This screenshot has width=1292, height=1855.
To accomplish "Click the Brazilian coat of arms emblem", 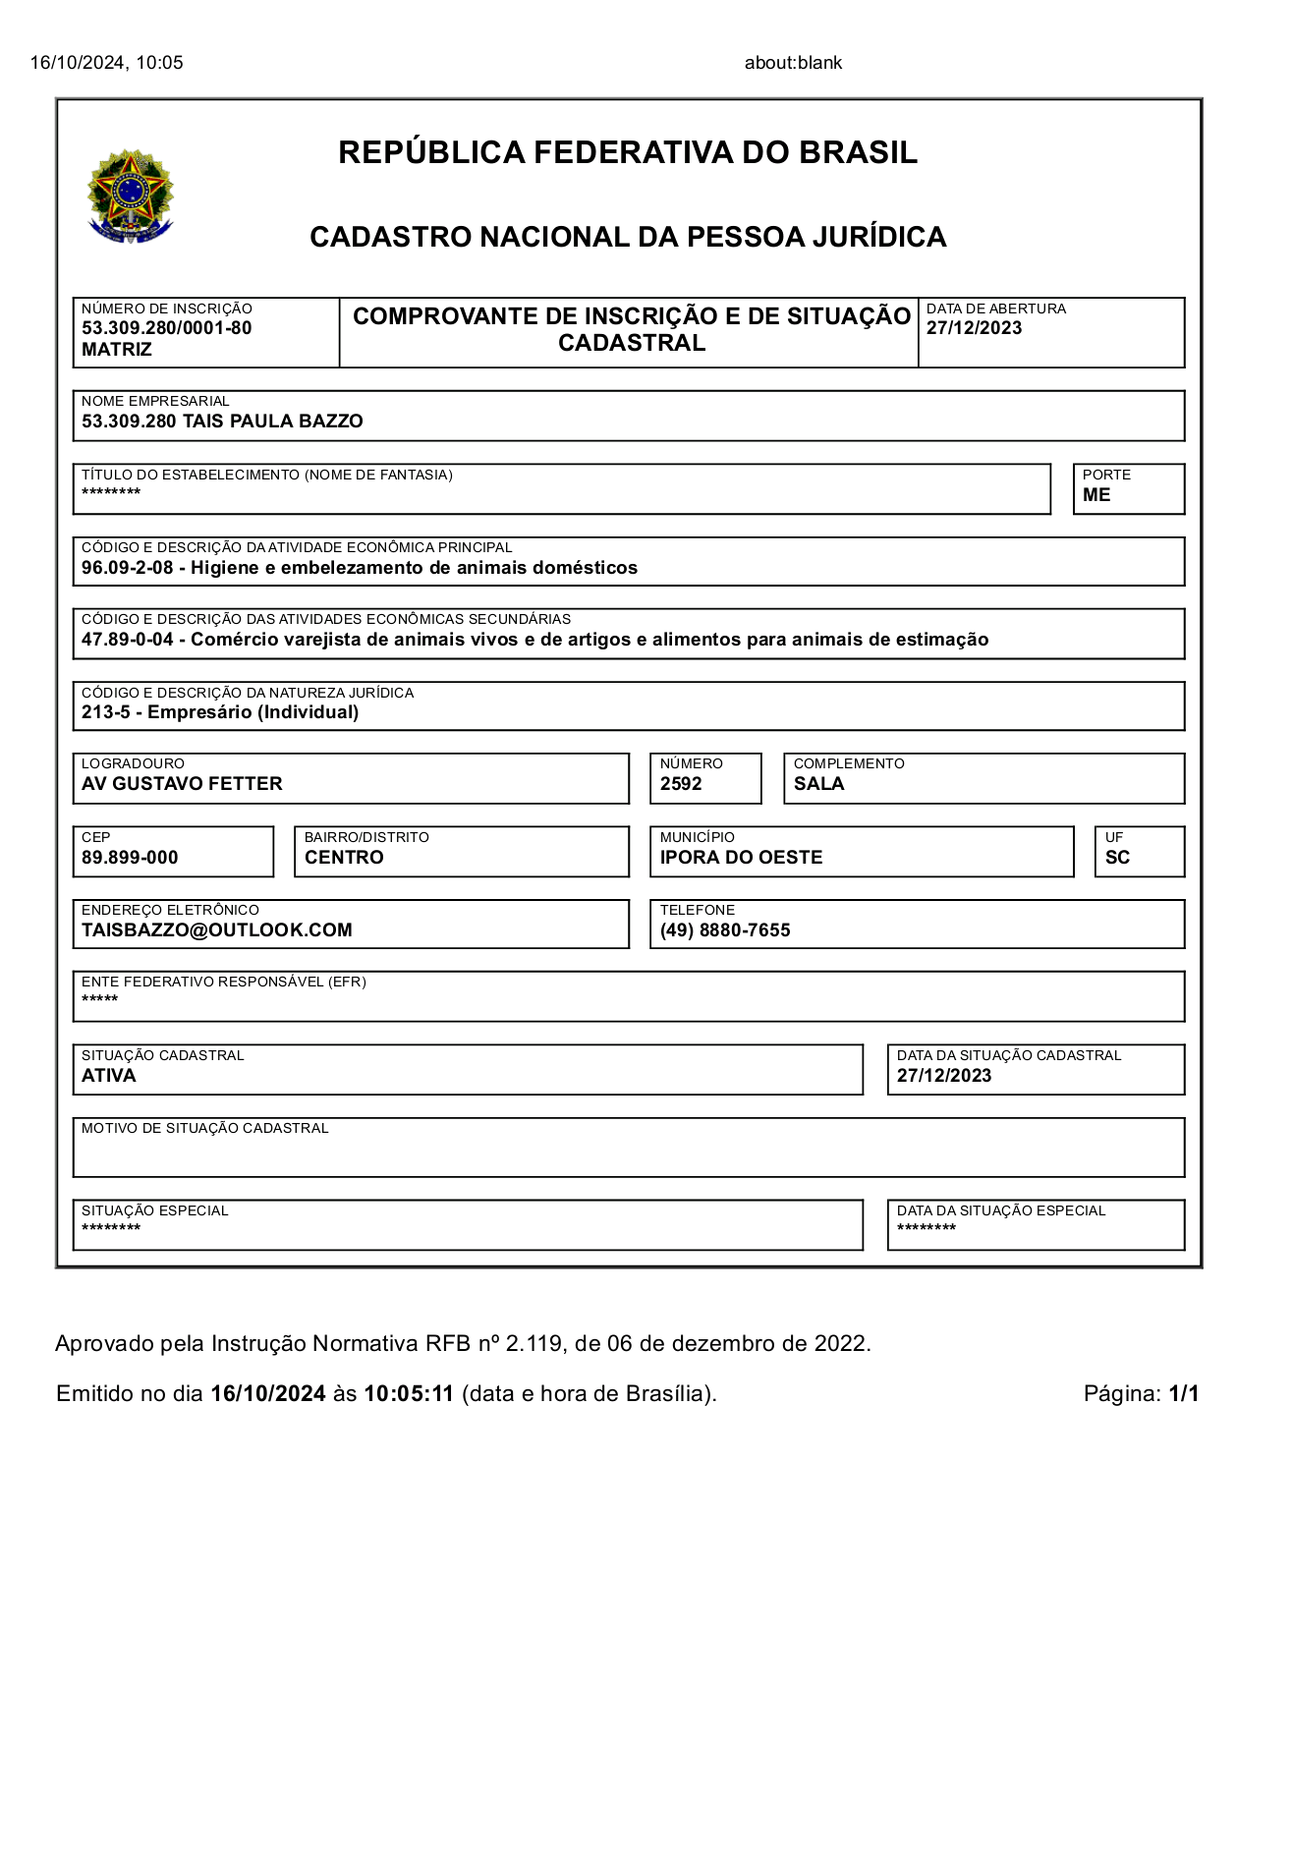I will pos(131,197).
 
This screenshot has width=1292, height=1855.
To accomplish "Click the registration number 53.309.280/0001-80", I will pos(166,328).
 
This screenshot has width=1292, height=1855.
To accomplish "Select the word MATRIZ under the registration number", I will pos(116,350).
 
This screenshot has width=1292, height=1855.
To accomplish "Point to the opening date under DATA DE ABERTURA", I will pos(974,328).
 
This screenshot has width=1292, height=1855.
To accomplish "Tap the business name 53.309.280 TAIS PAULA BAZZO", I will pos(222,422).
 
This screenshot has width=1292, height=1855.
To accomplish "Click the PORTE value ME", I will pos(1096,495).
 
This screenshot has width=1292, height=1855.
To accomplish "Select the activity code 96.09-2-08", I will pos(127,568).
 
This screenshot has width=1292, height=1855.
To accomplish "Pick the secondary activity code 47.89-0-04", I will pos(127,640).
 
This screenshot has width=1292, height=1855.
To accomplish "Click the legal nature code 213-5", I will pos(105,712).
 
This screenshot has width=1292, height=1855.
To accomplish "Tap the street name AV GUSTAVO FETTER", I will pos(182,784).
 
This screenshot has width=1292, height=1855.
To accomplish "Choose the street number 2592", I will pos(681,784).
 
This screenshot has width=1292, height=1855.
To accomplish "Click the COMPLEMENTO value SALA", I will pos(818,784).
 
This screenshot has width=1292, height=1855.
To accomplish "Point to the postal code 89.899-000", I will pos(130,858).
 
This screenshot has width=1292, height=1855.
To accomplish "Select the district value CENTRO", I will pos(344,858).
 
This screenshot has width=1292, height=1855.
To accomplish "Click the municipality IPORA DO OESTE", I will pos(741,858).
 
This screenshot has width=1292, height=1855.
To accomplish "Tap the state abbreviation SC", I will pos(1117,858).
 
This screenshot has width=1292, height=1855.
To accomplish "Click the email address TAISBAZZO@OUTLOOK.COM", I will pos(216,930).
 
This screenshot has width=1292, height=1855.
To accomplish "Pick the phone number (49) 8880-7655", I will pos(725,930).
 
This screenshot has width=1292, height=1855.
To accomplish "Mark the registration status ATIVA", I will pos(108,1076).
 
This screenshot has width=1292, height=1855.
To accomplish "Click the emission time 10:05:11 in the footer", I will pos(409,1393).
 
